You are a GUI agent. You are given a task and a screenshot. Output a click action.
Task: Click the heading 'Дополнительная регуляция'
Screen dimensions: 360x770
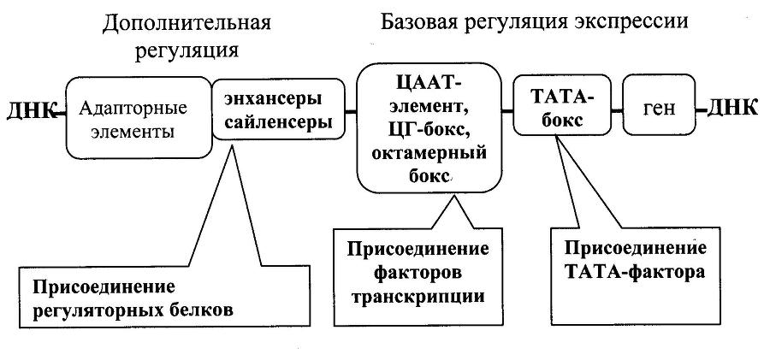point(187,35)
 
